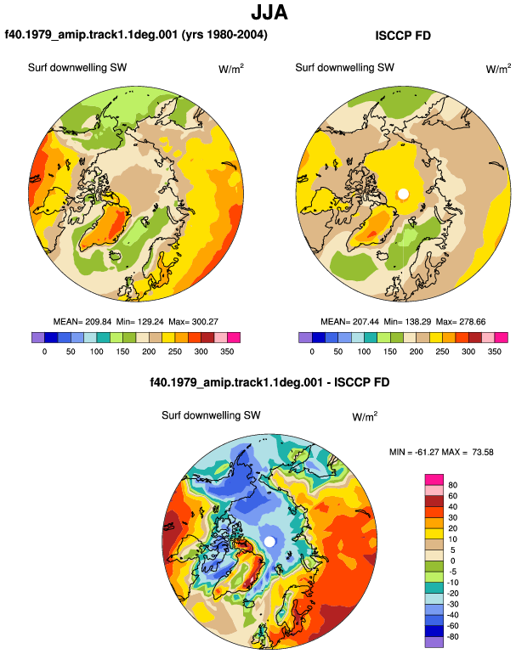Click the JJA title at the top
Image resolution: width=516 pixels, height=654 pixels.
tap(269, 13)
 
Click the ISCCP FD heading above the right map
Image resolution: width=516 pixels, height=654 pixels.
tap(403, 36)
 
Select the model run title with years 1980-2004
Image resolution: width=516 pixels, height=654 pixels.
tap(136, 34)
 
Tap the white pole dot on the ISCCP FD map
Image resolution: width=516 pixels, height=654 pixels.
tap(403, 194)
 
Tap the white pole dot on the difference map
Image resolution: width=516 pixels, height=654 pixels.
tap(269, 541)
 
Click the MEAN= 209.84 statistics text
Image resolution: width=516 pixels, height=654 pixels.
tap(82, 322)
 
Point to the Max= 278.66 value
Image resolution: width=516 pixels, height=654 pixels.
tap(461, 322)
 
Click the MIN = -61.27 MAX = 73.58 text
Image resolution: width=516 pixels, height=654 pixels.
tap(441, 452)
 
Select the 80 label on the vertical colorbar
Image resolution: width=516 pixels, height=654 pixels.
tap(452, 485)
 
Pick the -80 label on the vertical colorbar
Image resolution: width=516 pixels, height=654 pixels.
tap(451, 637)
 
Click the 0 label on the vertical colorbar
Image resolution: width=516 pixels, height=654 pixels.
tap(452, 561)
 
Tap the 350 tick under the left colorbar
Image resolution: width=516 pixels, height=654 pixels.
tap(227, 352)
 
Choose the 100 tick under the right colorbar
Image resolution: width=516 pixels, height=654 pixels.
tap(364, 352)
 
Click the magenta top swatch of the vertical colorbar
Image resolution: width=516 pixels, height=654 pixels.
tap(434, 480)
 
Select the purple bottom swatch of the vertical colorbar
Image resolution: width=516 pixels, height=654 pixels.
tap(434, 642)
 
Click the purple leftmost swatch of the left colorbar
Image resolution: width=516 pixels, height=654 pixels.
tap(38, 337)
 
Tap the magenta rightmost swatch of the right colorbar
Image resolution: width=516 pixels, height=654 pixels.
tap(502, 337)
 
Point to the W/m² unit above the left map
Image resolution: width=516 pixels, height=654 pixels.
tap(231, 69)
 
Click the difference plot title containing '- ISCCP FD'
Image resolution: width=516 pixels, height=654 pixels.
tap(269, 382)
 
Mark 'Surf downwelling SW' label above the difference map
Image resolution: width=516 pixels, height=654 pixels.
tap(211, 415)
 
